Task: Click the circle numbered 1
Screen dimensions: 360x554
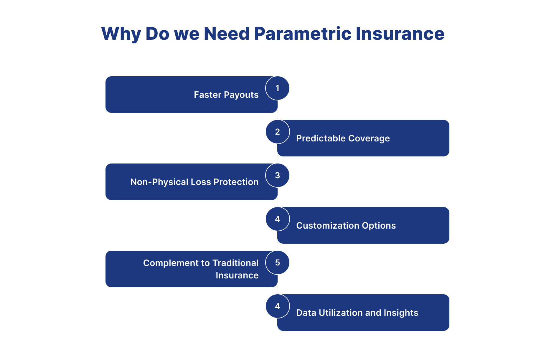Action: (x=277, y=88)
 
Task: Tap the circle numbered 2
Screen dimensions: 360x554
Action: (x=277, y=132)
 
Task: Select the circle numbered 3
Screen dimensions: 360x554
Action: (x=277, y=175)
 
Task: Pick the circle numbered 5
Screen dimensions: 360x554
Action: (x=277, y=262)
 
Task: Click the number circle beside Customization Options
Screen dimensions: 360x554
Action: (x=277, y=219)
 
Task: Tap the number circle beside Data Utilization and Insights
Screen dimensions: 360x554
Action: (x=277, y=306)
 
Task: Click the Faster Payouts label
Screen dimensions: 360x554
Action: (x=226, y=95)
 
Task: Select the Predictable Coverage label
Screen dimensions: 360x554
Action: (x=343, y=138)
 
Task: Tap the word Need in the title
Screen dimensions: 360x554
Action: (x=227, y=34)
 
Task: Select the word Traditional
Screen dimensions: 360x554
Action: (x=235, y=263)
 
